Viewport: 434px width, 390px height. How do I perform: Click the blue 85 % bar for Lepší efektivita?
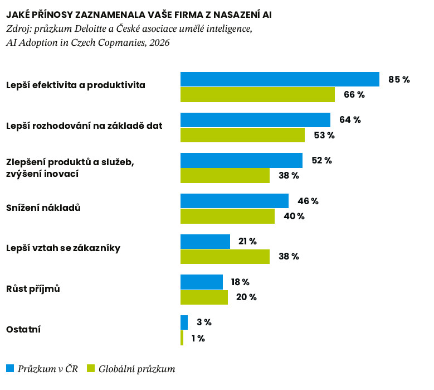[x=280, y=79]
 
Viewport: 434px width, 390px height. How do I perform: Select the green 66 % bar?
[x=258, y=94]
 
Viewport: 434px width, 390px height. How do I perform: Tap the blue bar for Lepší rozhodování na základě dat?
[x=256, y=120]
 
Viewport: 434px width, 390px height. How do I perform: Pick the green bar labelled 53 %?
[x=242, y=135]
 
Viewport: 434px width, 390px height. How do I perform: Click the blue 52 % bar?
[x=241, y=161]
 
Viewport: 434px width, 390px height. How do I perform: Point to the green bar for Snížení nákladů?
[x=227, y=216]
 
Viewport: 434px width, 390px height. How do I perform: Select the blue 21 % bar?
[x=205, y=242]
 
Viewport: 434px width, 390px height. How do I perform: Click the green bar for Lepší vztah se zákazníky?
[x=225, y=257]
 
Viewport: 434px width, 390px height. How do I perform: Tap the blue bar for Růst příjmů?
[x=202, y=282]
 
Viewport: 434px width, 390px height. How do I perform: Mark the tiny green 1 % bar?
[x=182, y=338]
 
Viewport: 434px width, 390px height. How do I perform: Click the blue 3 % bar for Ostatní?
[x=184, y=322]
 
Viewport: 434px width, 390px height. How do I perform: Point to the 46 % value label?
[x=308, y=201]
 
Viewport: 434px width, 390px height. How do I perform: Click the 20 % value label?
[x=246, y=297]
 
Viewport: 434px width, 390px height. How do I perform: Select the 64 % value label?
[x=350, y=120]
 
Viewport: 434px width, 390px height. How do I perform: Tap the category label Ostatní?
[x=23, y=330]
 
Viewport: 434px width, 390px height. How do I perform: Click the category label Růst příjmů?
[x=33, y=288]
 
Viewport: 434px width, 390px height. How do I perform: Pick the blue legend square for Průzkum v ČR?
[x=10, y=368]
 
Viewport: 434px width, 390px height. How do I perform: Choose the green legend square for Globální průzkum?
[x=91, y=368]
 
